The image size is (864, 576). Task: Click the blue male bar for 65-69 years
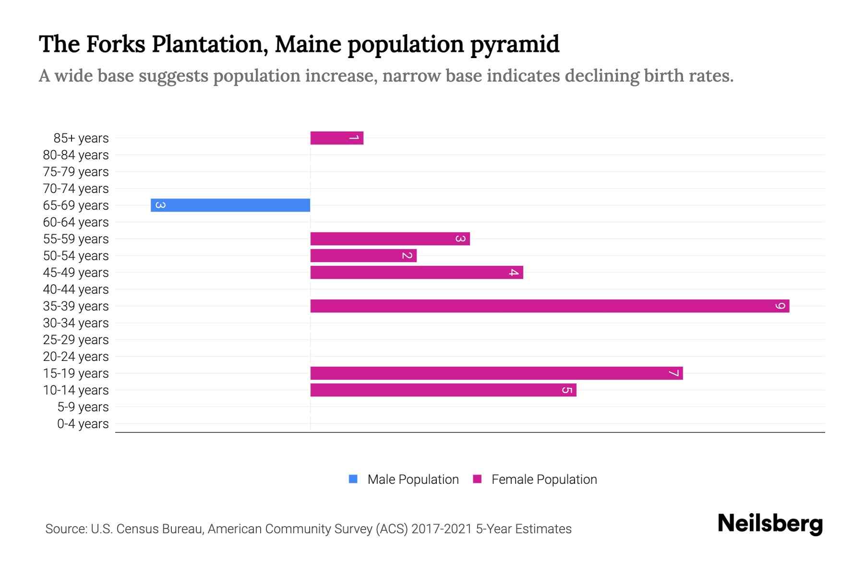(230, 205)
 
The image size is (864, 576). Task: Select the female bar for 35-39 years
(550, 306)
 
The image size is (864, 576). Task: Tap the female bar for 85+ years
(336, 138)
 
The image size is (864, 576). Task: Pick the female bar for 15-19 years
(496, 373)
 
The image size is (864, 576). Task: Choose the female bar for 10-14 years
(443, 390)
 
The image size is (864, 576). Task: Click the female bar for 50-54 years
(363, 255)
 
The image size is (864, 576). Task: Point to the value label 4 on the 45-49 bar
(514, 273)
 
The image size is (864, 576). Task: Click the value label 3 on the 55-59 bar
(460, 239)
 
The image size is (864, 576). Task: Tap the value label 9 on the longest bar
(780, 306)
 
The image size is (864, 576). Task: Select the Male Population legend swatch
(353, 479)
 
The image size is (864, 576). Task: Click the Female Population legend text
(544, 479)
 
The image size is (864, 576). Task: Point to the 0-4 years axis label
(83, 424)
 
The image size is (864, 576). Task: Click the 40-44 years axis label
(76, 289)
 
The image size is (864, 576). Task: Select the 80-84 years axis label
(76, 155)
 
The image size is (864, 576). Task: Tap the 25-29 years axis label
(76, 340)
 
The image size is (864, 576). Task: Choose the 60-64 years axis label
(76, 222)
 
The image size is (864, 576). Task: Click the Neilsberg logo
(770, 524)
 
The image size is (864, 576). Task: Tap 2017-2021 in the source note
(441, 529)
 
